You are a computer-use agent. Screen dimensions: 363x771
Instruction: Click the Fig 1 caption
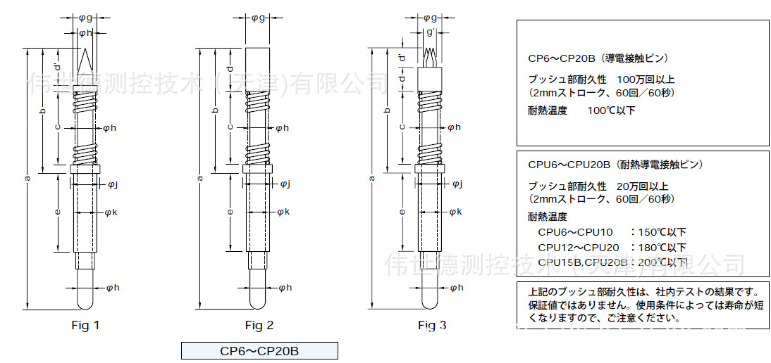point(85,325)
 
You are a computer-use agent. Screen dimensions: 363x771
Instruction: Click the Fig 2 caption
point(259,325)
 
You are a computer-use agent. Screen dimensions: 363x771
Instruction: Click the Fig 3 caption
point(432,325)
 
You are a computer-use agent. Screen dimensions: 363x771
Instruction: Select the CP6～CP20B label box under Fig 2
point(259,350)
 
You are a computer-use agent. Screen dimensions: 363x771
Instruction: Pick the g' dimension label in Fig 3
point(431,32)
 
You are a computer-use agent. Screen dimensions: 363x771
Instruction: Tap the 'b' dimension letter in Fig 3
point(385,111)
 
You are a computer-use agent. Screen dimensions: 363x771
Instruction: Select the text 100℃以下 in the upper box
point(611,110)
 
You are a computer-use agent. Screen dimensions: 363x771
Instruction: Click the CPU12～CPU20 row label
point(579,247)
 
